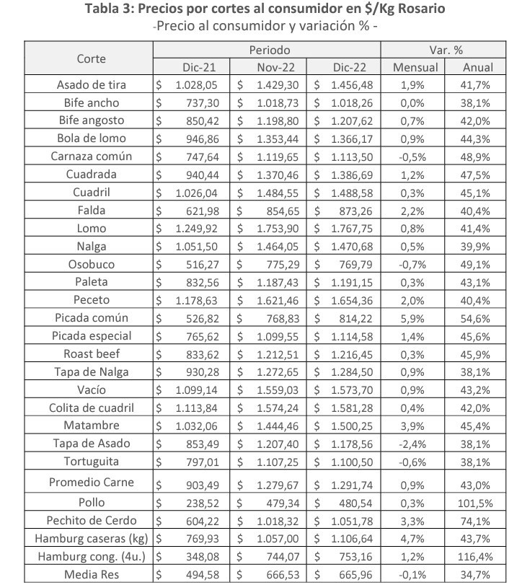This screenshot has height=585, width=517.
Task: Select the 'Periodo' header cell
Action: (x=270, y=50)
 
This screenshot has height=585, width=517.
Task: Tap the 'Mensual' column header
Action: (x=415, y=67)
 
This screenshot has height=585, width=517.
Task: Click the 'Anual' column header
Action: (x=479, y=67)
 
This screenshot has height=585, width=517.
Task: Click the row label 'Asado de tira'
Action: (x=91, y=85)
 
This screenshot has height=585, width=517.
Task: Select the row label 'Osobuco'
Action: (x=91, y=264)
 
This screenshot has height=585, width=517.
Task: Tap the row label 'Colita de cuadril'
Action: (x=91, y=408)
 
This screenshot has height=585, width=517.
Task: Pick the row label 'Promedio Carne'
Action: (x=91, y=482)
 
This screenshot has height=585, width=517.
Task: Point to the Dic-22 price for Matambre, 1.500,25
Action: (x=349, y=426)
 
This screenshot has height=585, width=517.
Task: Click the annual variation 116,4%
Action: (x=478, y=557)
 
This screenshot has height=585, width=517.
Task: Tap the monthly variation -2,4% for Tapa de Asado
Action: (x=415, y=444)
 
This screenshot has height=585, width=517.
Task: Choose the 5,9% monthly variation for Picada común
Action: (x=415, y=318)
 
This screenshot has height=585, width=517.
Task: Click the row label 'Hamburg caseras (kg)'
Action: (x=91, y=538)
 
